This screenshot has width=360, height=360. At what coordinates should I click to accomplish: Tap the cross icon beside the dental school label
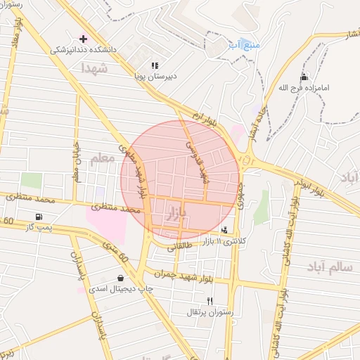click(x=84, y=38)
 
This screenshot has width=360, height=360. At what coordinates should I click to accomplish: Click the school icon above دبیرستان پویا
click(x=155, y=65)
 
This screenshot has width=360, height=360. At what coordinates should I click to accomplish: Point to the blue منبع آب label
click(x=244, y=45)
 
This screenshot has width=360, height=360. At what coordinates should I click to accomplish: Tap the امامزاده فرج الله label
click(x=304, y=89)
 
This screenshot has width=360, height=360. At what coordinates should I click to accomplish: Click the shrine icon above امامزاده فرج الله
click(x=304, y=77)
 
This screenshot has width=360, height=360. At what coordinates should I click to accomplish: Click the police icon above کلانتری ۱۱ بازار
click(x=224, y=230)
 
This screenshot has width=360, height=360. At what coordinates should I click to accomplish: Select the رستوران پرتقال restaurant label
click(x=210, y=311)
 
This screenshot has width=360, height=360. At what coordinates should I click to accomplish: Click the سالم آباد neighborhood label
click(x=329, y=267)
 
